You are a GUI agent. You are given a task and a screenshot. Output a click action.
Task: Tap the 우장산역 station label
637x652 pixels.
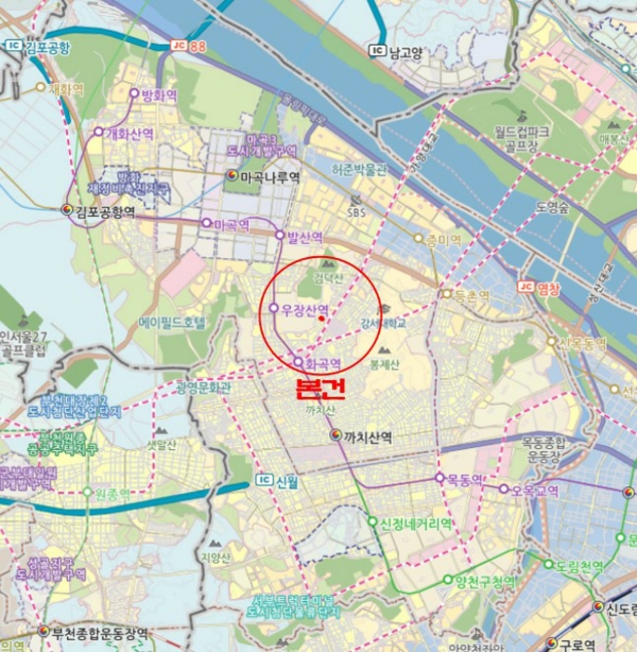click(x=306, y=309)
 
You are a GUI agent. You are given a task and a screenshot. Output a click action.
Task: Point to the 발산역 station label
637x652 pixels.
click(x=305, y=237)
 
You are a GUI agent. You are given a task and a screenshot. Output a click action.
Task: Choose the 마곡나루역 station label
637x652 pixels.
click(x=270, y=175)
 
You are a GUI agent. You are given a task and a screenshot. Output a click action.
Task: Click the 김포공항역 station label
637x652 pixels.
click(x=105, y=211)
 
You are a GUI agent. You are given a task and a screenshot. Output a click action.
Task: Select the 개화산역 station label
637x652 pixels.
click(x=130, y=133)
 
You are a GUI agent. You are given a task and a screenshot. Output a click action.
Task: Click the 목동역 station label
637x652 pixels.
click(x=464, y=480)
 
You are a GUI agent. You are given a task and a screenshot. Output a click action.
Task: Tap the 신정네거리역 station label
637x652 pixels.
click(x=416, y=523)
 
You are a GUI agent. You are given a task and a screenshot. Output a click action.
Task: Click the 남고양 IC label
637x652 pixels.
click(x=406, y=51)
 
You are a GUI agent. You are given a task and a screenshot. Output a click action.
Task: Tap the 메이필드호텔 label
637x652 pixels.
click(x=173, y=322)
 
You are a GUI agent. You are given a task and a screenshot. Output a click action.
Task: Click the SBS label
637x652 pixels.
click(x=356, y=212)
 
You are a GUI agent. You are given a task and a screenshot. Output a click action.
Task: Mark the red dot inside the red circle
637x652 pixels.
click(x=322, y=319)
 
